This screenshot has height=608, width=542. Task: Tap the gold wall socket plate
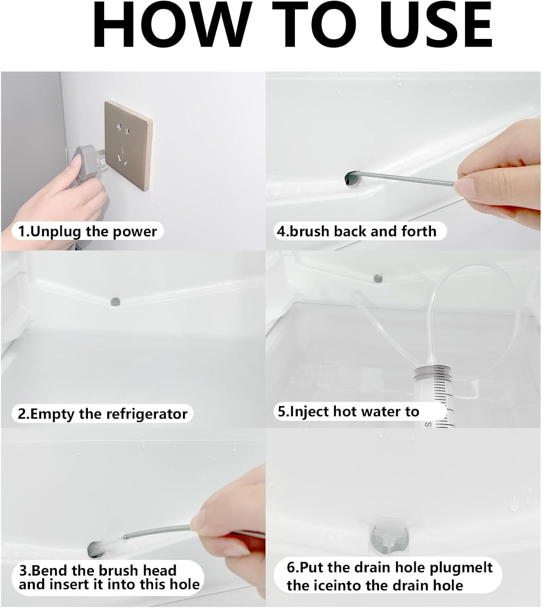pos(128,145)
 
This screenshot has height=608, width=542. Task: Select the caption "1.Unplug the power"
pos(87,231)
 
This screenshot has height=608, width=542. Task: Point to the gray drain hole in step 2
pos(115,301)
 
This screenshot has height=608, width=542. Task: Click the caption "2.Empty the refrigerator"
pos(102,414)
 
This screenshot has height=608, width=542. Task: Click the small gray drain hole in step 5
pos(378,278)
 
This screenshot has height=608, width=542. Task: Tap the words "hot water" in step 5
pos(367,411)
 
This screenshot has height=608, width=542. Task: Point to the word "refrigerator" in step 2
pos(147,414)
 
